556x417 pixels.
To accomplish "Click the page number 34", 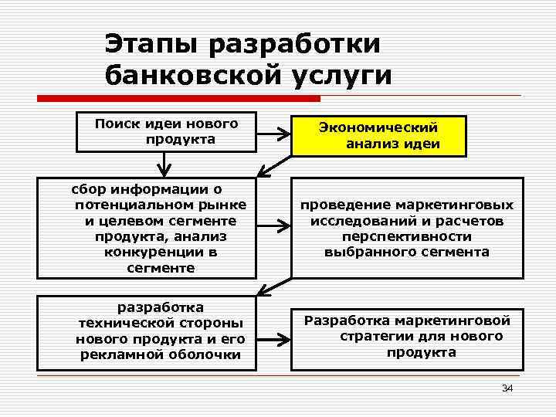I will [507, 388].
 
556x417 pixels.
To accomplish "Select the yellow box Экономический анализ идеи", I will [378, 136].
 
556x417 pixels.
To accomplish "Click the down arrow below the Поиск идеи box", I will [164, 164].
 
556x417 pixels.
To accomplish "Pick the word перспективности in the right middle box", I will [407, 236].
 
